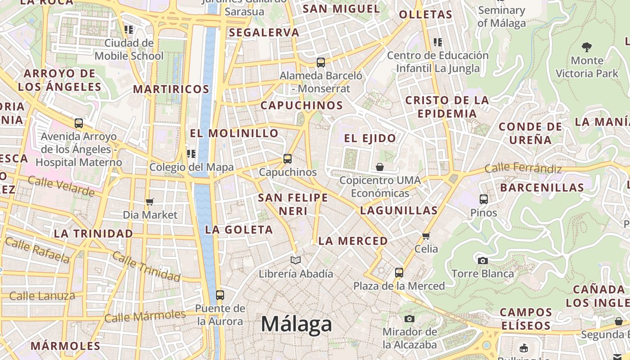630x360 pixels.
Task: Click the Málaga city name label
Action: (297, 324)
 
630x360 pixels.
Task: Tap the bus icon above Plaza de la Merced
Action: (399, 272)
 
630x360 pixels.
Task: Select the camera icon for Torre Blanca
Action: (482, 261)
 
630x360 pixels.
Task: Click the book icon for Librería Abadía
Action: (296, 260)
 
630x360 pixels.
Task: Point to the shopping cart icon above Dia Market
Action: (150, 202)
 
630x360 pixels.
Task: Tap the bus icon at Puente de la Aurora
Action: (220, 295)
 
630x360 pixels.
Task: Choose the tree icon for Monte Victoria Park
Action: (587, 47)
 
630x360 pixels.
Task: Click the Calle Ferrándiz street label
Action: (523, 169)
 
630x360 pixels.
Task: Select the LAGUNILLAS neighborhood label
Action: (399, 210)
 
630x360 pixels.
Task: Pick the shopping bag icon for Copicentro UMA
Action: (380, 167)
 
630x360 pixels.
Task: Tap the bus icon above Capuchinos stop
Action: (288, 158)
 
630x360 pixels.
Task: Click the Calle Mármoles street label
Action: (145, 316)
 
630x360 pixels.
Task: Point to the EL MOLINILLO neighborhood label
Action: (234, 133)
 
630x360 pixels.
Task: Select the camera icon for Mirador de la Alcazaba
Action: (409, 319)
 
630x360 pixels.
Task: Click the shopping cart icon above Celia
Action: (426, 235)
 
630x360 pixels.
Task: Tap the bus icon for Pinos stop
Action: (484, 199)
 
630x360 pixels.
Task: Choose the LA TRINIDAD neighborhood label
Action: (93, 234)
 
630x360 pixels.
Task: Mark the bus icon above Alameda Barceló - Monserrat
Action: (321, 62)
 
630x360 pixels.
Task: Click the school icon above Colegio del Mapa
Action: (191, 154)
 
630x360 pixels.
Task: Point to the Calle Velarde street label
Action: (61, 186)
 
